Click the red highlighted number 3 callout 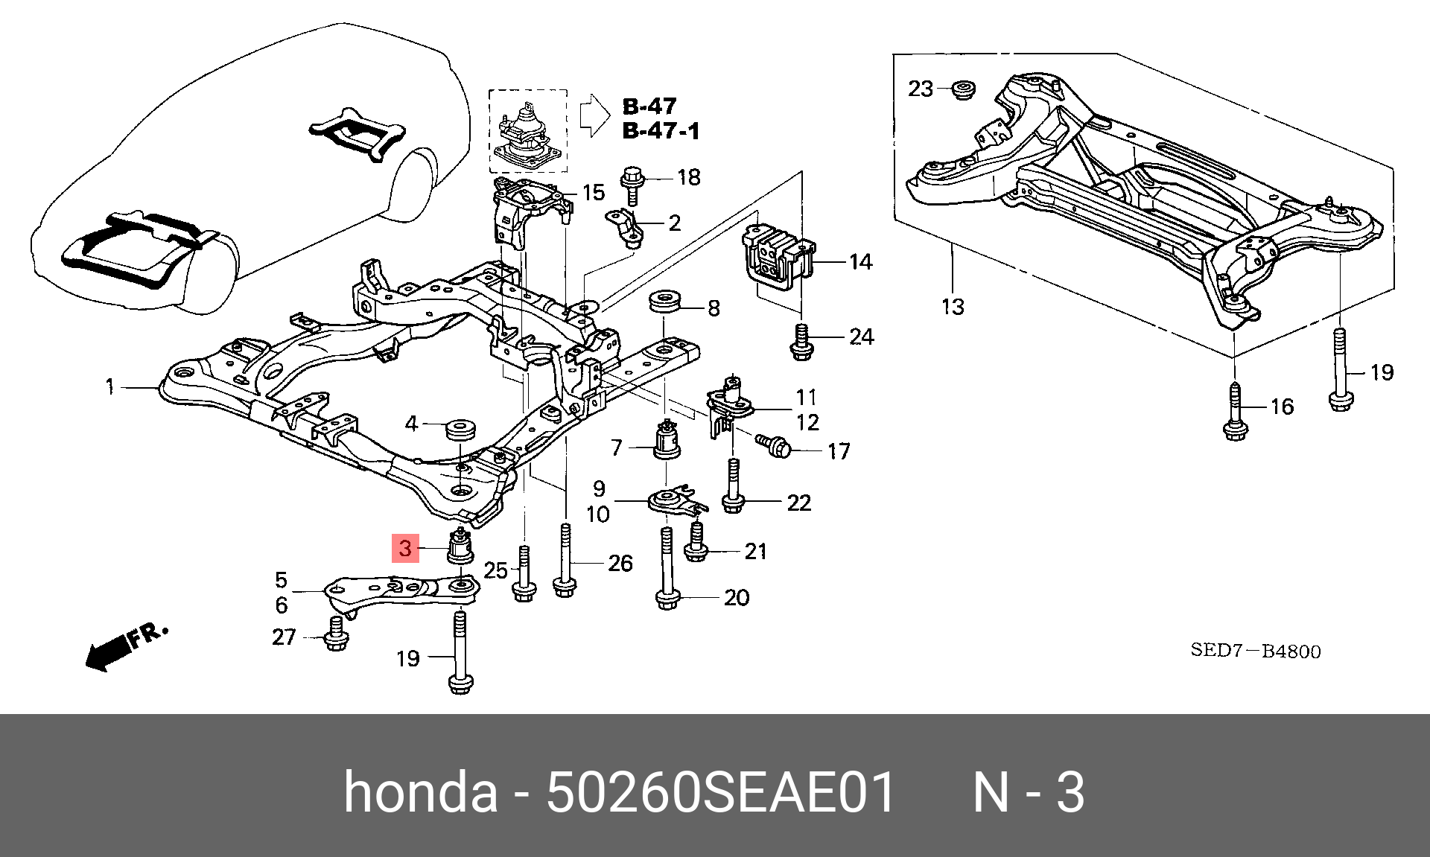[x=405, y=549]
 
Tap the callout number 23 [x=921, y=89]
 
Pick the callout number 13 [x=953, y=307]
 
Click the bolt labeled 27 [x=336, y=634]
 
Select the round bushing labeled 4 [x=460, y=430]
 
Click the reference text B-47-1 [x=661, y=131]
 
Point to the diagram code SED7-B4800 [x=1256, y=651]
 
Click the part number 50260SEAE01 [x=720, y=791]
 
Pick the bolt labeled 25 [x=524, y=574]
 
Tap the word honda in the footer [x=421, y=791]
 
